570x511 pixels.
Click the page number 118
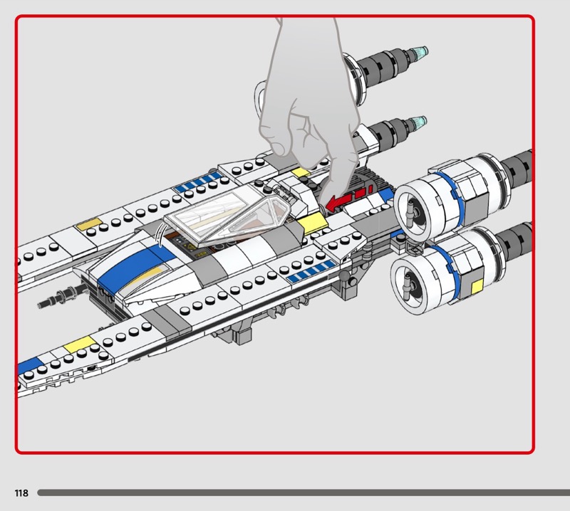pos(21,493)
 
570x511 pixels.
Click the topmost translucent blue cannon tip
pos(420,53)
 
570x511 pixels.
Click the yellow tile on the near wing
pos(74,348)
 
